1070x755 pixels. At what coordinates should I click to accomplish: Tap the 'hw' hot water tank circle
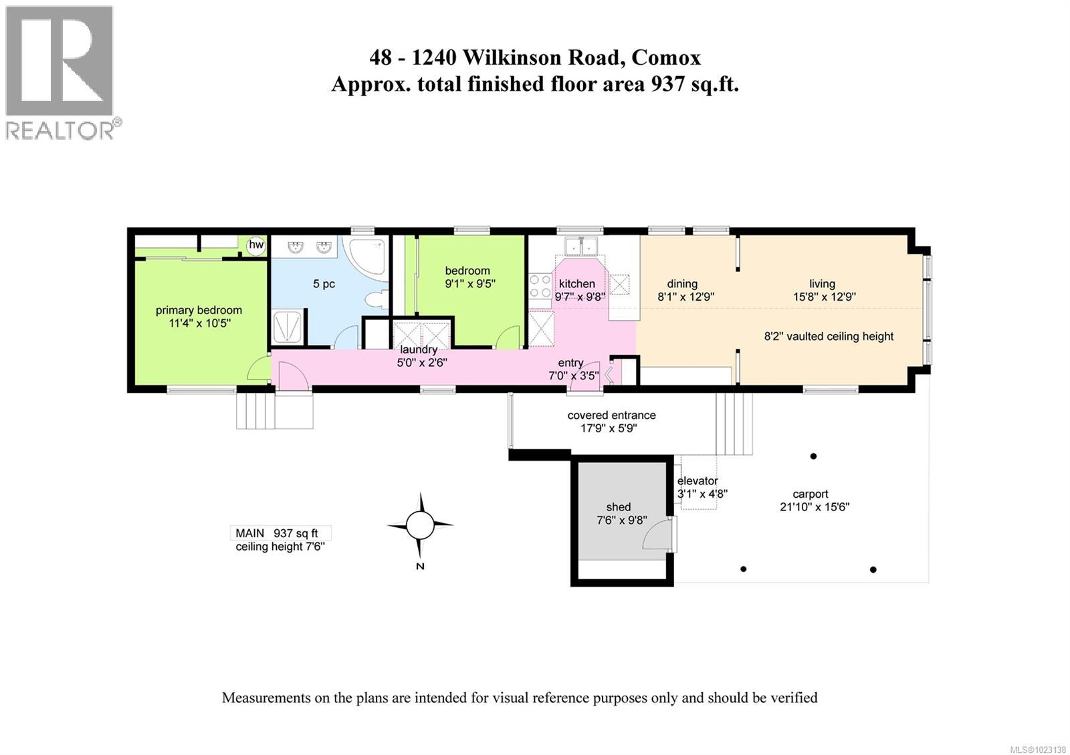pos(256,245)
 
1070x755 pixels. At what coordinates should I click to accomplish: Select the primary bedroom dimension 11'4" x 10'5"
pos(199,323)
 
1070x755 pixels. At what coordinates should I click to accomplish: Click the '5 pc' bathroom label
pos(324,284)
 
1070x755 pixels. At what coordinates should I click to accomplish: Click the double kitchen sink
pos(580,247)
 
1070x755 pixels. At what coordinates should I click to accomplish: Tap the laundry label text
pos(419,349)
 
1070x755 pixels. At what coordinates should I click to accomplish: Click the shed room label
pos(619,507)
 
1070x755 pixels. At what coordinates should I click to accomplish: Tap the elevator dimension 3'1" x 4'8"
pos(702,494)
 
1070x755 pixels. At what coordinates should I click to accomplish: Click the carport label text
pos(811,494)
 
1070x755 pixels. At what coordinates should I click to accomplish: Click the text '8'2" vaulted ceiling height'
pos(829,336)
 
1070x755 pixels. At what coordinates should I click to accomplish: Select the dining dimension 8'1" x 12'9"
pos(686,297)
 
